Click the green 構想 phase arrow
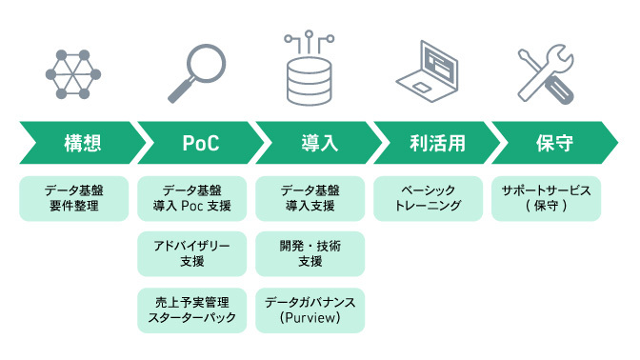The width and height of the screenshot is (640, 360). [x=81, y=144]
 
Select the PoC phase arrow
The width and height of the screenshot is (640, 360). [x=200, y=144]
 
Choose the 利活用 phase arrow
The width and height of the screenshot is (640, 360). [x=433, y=144]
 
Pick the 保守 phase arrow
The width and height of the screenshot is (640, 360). [x=552, y=144]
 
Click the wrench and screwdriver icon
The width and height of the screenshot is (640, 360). [x=547, y=74]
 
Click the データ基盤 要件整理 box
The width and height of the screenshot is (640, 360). [x=73, y=198]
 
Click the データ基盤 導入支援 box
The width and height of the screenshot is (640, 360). [x=310, y=198]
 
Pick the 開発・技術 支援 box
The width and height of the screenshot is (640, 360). [x=310, y=253]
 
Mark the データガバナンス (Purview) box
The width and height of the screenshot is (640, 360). [x=310, y=309]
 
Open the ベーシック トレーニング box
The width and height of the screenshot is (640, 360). [x=428, y=198]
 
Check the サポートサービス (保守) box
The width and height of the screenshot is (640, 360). [x=546, y=198]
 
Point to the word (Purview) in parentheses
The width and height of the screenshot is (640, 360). [x=310, y=317]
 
